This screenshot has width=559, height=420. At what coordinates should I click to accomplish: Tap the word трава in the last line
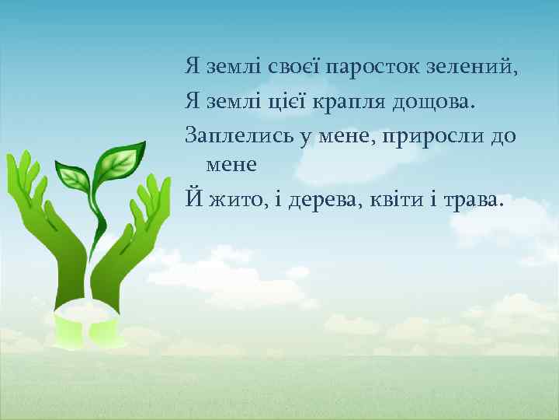tap(474, 201)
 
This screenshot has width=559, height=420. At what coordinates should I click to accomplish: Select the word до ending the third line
tap(503, 135)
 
